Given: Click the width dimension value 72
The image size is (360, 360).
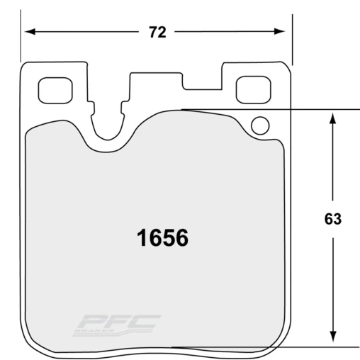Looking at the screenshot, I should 158,33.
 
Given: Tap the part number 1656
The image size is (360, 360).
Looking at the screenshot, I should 162,237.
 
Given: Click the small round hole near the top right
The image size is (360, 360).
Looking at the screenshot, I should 260,127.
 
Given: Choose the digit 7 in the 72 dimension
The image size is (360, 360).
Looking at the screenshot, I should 153,33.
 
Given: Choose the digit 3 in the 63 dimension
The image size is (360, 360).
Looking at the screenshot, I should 338,220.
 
